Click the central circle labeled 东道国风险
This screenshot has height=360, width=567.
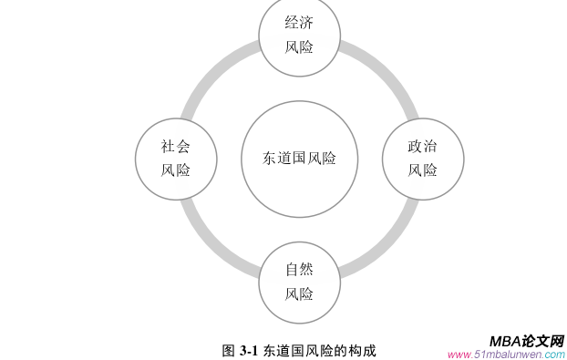click(299, 159)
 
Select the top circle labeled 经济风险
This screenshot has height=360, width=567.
click(299, 35)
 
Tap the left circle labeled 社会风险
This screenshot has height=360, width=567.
click(176, 158)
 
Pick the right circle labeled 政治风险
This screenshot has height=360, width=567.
click(422, 158)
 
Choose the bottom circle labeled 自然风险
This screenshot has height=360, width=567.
click(299, 282)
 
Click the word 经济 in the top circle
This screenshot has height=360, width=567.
click(299, 23)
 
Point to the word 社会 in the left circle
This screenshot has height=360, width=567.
click(176, 146)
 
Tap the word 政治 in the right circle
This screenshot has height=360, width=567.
click(422, 146)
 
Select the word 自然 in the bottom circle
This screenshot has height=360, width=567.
click(299, 270)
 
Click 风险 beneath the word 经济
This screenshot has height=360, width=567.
click(299, 47)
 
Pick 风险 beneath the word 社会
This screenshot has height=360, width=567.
click(176, 170)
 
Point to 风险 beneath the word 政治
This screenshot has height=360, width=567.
click(422, 170)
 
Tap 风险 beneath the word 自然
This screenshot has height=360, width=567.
click(299, 294)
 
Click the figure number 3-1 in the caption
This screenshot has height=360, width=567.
click(250, 350)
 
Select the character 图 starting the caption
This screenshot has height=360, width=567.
click(228, 350)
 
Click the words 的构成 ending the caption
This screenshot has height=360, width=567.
click(357, 350)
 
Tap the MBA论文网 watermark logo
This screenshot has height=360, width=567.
click(526, 339)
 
